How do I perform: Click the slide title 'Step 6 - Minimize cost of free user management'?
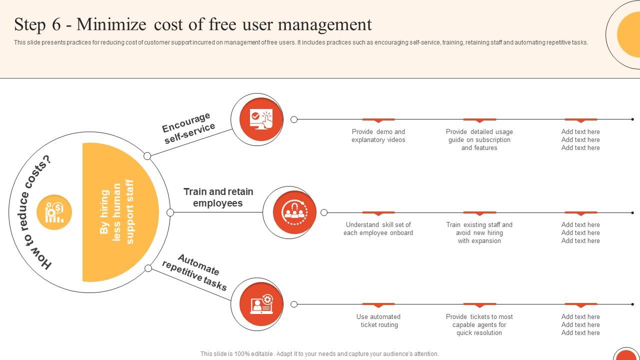pos(193,24)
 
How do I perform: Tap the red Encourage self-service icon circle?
pos(257,119)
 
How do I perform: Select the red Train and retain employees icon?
pos(294,212)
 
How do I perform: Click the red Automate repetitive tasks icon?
pos(257,304)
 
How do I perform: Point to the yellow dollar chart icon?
pos(54,212)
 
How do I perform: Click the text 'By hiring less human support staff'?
pos(117,212)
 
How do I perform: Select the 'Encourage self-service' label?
pos(188,128)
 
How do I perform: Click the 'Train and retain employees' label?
pos(218,197)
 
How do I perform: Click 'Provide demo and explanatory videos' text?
pos(378,136)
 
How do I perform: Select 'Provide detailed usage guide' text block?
pos(479,140)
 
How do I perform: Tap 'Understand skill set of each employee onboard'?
pos(378,229)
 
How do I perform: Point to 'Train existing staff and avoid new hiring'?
pos(479,233)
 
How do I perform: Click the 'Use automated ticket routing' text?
pos(378,321)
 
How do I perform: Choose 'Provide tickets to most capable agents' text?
pos(479,325)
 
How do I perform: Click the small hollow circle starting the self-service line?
pos(294,119)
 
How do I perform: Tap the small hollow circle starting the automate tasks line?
pos(294,304)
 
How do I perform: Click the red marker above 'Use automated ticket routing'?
pos(378,304)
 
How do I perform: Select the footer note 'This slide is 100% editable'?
pos(319,354)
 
